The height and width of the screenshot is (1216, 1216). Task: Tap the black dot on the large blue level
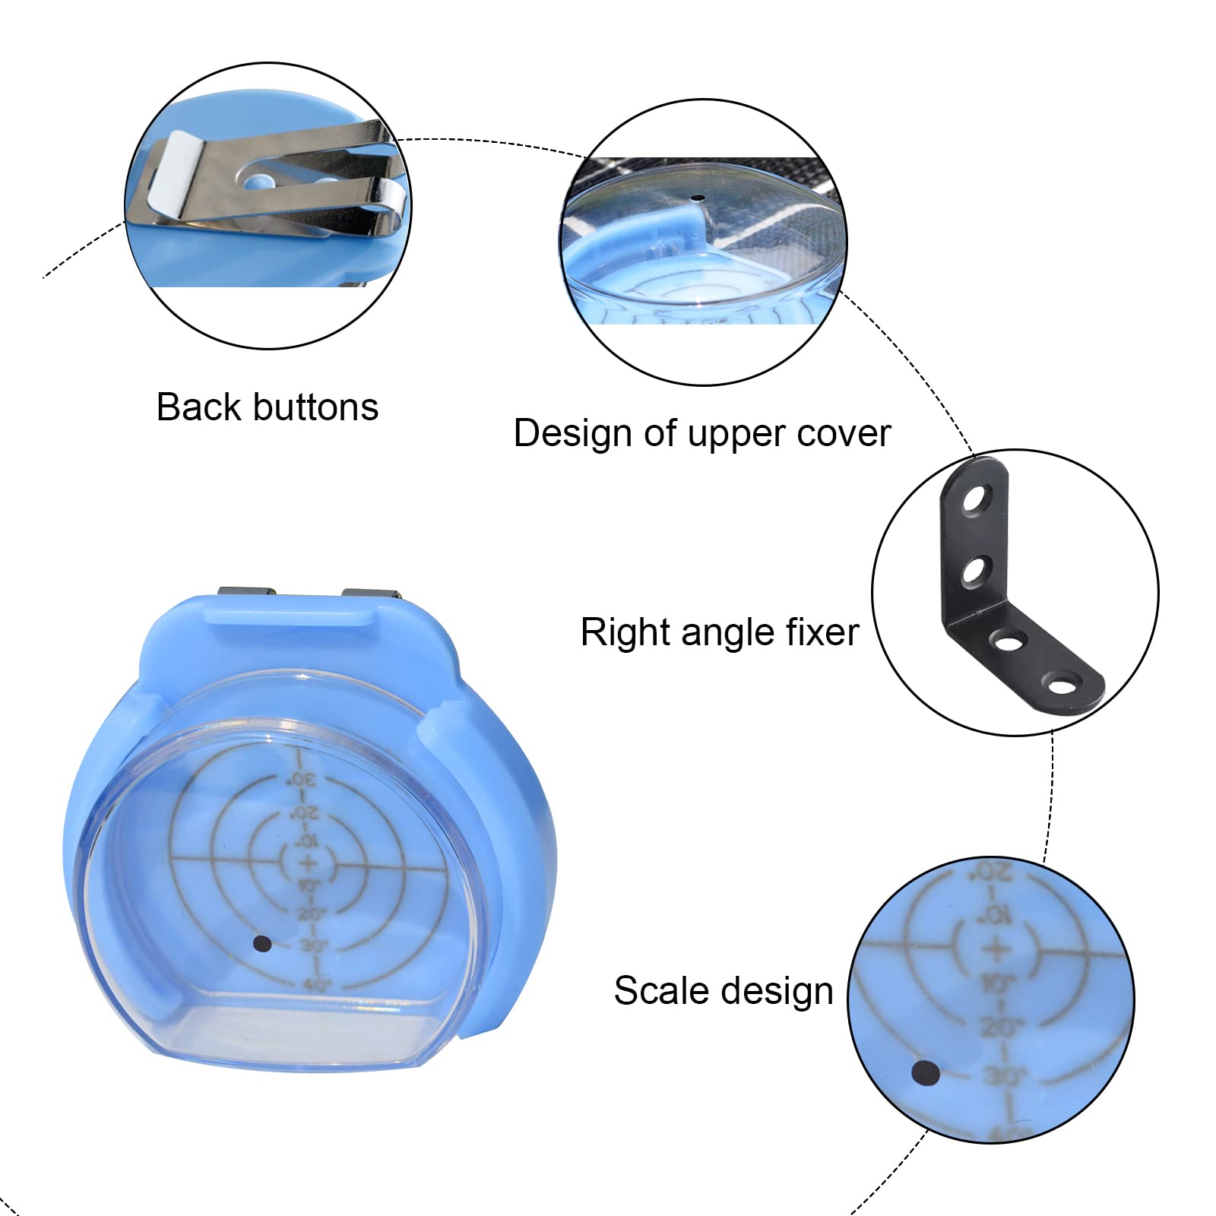pyautogui.click(x=262, y=944)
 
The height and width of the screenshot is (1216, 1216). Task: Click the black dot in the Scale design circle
pyautogui.click(x=926, y=1074)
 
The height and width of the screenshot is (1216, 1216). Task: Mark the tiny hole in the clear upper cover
pyautogui.click(x=698, y=199)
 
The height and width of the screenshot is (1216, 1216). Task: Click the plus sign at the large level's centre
pyautogui.click(x=308, y=863)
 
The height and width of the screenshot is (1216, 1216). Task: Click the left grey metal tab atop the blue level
pyautogui.click(x=245, y=593)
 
